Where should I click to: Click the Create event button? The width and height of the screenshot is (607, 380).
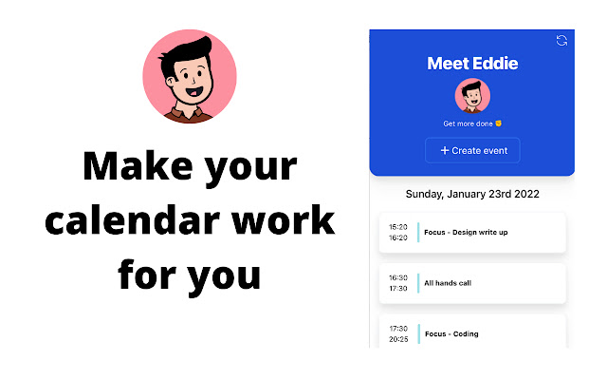pyautogui.click(x=472, y=150)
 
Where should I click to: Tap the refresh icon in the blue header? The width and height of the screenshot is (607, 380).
pyautogui.click(x=561, y=40)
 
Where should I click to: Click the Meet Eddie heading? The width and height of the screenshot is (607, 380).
pyautogui.click(x=472, y=64)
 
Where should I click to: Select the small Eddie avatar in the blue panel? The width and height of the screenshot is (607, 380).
pyautogui.click(x=472, y=96)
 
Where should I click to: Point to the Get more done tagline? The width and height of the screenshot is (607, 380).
pyautogui.click(x=471, y=123)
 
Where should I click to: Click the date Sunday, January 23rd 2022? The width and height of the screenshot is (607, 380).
pyautogui.click(x=472, y=194)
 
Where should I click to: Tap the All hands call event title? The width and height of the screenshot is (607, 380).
pyautogui.click(x=448, y=283)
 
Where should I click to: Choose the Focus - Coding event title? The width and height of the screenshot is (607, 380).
pyautogui.click(x=451, y=333)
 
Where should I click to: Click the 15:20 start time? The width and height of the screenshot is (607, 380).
pyautogui.click(x=398, y=227)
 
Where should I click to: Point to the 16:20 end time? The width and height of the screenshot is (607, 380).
pyautogui.click(x=398, y=237)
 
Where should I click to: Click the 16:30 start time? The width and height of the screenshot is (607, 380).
pyautogui.click(x=398, y=277)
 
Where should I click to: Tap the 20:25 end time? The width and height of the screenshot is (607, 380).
pyautogui.click(x=398, y=338)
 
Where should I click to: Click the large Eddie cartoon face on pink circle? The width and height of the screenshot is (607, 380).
pyautogui.click(x=189, y=76)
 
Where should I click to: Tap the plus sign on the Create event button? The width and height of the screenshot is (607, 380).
pyautogui.click(x=445, y=150)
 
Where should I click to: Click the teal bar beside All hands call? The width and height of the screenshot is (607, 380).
pyautogui.click(x=418, y=282)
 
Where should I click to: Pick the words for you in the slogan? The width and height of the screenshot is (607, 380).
pyautogui.click(x=189, y=274)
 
